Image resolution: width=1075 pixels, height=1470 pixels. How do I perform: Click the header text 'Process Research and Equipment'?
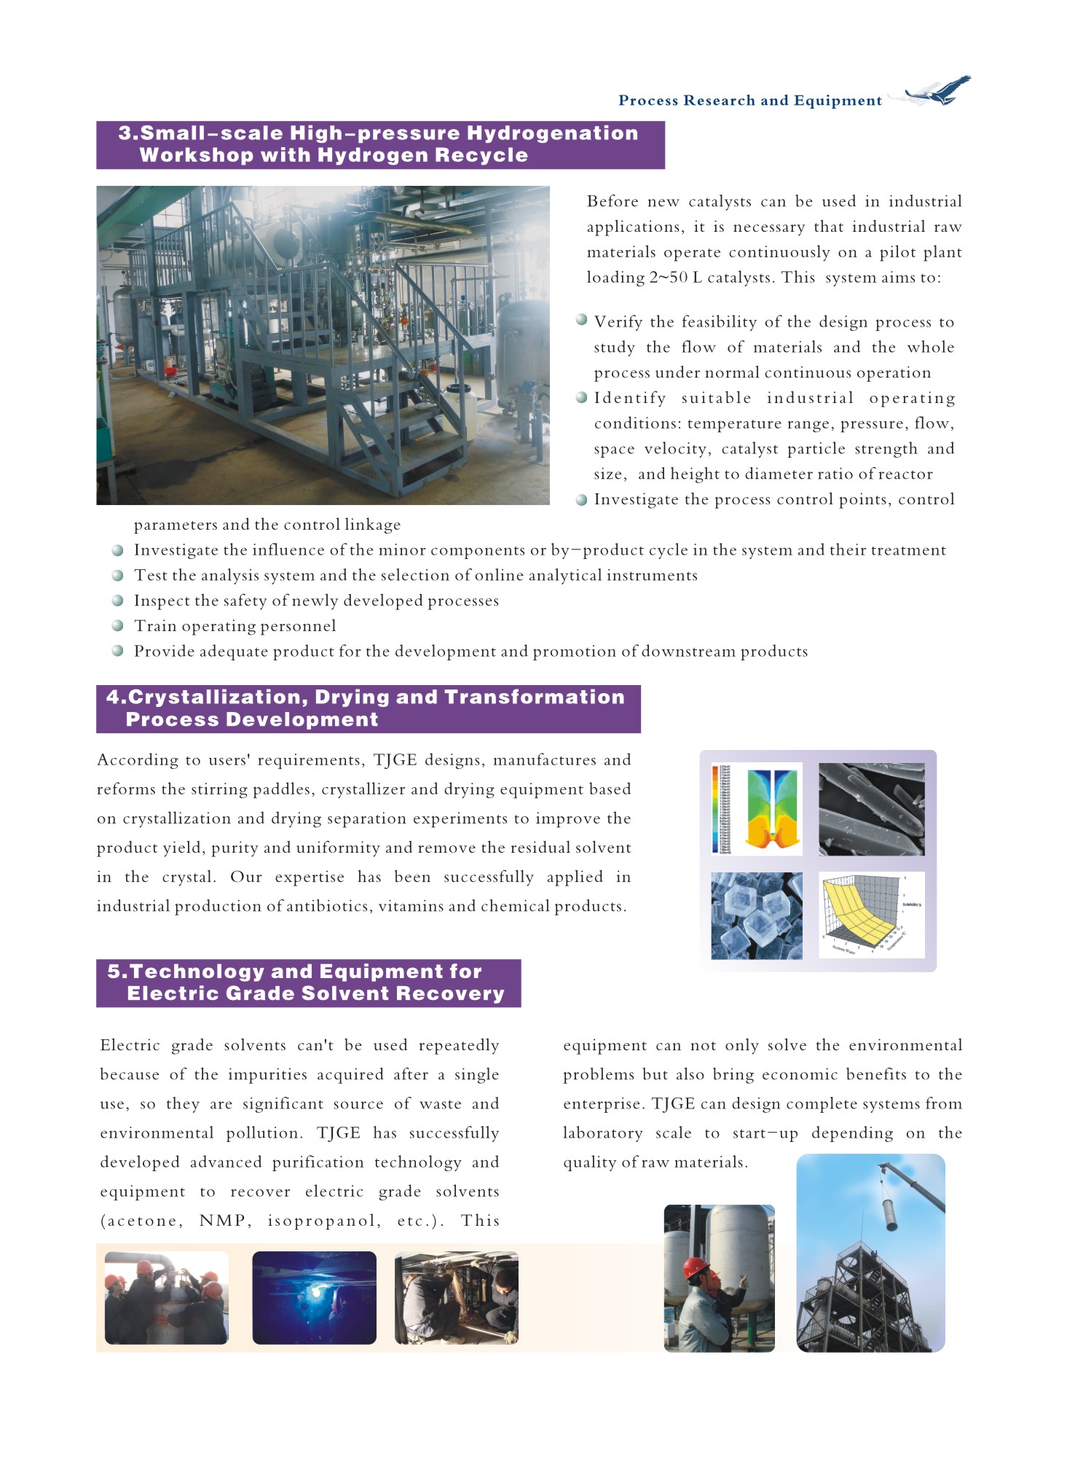click(749, 101)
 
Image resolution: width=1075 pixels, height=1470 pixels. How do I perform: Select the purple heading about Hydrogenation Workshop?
click(379, 144)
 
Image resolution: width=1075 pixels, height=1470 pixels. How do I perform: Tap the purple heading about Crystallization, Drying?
click(368, 708)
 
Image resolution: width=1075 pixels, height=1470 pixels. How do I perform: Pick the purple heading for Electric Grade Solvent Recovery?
click(308, 982)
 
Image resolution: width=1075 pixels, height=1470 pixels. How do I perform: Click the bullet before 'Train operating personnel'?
click(117, 625)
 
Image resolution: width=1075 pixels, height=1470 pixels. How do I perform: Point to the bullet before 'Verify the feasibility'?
click(581, 320)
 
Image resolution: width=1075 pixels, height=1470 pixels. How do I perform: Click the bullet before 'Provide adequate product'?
click(117, 651)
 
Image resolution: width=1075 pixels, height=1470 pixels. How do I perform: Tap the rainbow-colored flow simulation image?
click(757, 808)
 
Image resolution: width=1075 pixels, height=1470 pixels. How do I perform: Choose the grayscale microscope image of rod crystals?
click(871, 808)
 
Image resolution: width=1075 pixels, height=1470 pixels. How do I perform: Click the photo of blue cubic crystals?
click(756, 915)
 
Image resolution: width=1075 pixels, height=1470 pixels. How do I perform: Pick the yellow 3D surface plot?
click(871, 915)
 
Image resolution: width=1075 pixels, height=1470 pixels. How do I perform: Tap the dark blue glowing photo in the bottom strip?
click(314, 1298)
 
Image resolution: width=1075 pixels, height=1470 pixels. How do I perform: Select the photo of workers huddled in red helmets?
click(166, 1298)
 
